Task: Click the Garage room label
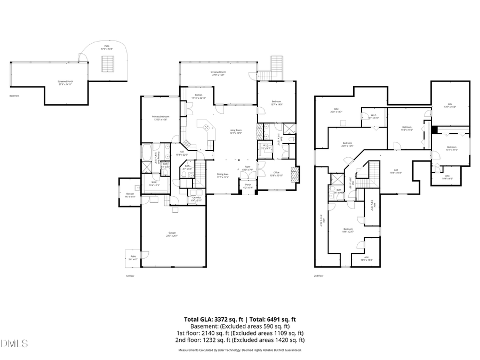click(x=173, y=234)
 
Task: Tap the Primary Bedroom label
click(x=160, y=118)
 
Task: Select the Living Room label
click(x=236, y=132)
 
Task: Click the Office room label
click(x=276, y=173)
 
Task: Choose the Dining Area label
click(x=223, y=175)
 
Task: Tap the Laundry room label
click(x=196, y=198)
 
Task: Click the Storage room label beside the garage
click(x=130, y=195)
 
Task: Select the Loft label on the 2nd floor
click(x=395, y=171)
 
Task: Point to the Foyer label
click(x=247, y=168)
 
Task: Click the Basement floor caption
click(x=14, y=96)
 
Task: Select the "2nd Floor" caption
click(x=319, y=276)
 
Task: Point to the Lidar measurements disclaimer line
click(x=239, y=350)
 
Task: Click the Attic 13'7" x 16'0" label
click(x=451, y=106)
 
